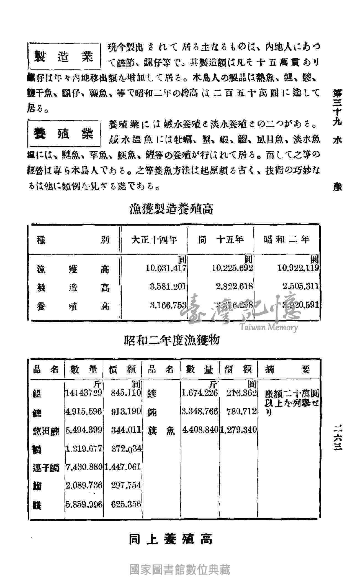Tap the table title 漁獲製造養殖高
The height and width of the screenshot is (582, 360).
pyautogui.click(x=172, y=209)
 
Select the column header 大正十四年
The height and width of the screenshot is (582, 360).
pyautogui.click(x=154, y=239)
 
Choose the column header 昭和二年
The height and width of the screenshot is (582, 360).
pyautogui.click(x=286, y=239)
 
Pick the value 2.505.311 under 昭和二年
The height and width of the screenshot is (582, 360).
pyautogui.click(x=300, y=287)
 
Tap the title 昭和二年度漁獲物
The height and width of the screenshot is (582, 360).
pyautogui.click(x=172, y=340)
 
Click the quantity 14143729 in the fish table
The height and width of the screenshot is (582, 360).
pyautogui.click(x=84, y=393)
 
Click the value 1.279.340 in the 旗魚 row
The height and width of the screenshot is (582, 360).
pyautogui.click(x=238, y=430)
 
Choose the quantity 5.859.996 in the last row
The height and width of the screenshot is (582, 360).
pyautogui.click(x=84, y=504)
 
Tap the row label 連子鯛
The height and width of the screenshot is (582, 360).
pyautogui.click(x=46, y=468)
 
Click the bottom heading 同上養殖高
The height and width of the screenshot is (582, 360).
pyautogui.click(x=171, y=539)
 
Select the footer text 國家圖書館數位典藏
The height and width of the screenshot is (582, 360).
pyautogui.click(x=179, y=570)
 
